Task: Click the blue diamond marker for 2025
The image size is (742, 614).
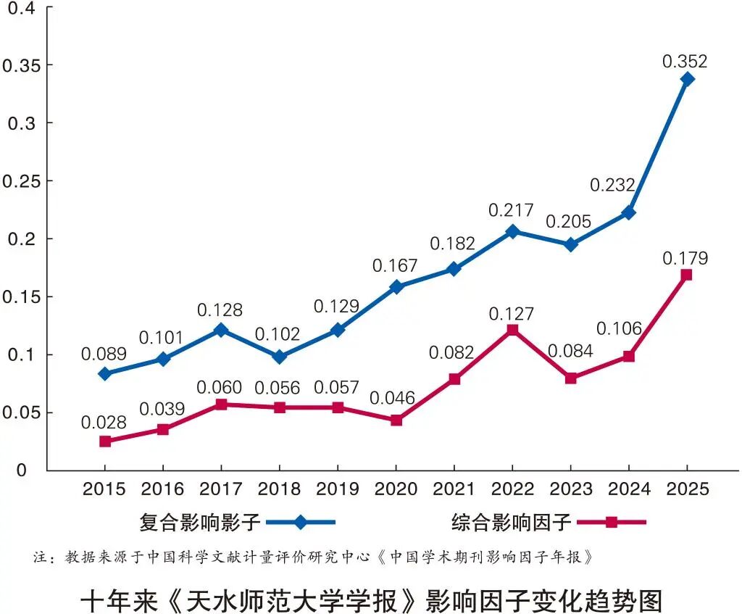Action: tap(687, 79)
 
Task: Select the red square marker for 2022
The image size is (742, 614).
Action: tap(512, 331)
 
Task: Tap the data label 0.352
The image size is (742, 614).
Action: tap(685, 62)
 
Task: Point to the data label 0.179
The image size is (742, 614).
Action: tap(685, 259)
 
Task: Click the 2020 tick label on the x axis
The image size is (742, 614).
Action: tap(396, 489)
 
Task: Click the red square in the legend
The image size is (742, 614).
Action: tap(612, 522)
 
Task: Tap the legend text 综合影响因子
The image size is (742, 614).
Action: tap(512, 522)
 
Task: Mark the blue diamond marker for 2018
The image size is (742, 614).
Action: tap(280, 357)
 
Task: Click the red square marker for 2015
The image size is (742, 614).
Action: tap(105, 441)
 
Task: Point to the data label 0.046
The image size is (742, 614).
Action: tap(392, 398)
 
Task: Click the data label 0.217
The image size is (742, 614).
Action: tap(511, 210)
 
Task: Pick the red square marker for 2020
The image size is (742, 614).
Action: tap(396, 420)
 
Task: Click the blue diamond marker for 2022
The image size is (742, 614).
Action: tap(512, 231)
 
